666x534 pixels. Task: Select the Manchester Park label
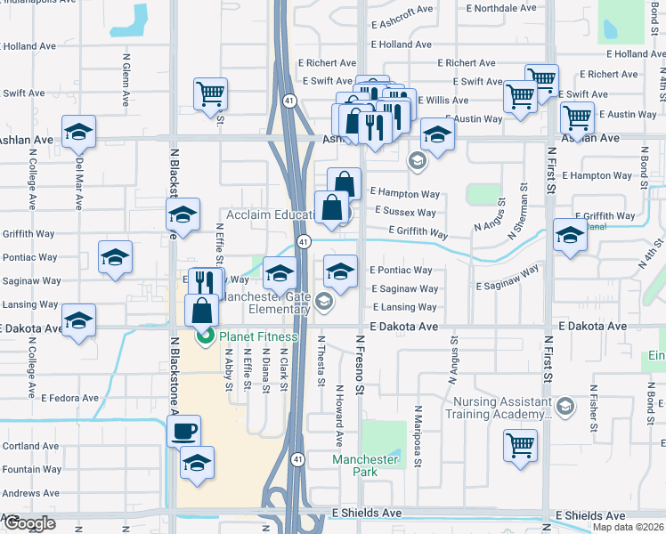pyautogui.click(x=365, y=465)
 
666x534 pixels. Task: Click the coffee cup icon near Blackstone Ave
pyautogui.click(x=184, y=432)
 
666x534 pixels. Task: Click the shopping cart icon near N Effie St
pyautogui.click(x=210, y=93)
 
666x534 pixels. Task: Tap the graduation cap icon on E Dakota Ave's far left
pyautogui.click(x=78, y=319)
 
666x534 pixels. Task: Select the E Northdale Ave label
pyautogui.click(x=501, y=8)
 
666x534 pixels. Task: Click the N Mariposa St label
pyautogui.click(x=417, y=433)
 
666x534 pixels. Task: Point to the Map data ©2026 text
pyautogui.click(x=629, y=527)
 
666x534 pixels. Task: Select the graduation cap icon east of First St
pyautogui.click(x=570, y=236)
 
